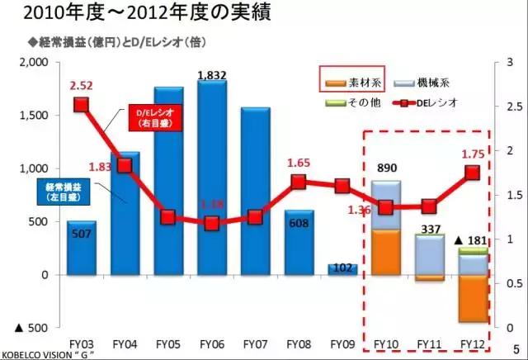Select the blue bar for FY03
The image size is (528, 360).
coord(81,248)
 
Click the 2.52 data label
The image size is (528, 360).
coord(81,85)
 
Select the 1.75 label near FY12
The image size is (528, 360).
coord(473,154)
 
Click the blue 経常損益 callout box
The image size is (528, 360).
coord(61,192)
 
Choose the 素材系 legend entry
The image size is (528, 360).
coord(344,83)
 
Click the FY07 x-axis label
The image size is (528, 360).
coord(255,341)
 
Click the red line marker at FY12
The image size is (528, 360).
coord(472,172)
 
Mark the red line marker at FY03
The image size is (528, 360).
coord(81,104)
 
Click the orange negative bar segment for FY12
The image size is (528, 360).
coord(472,298)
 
